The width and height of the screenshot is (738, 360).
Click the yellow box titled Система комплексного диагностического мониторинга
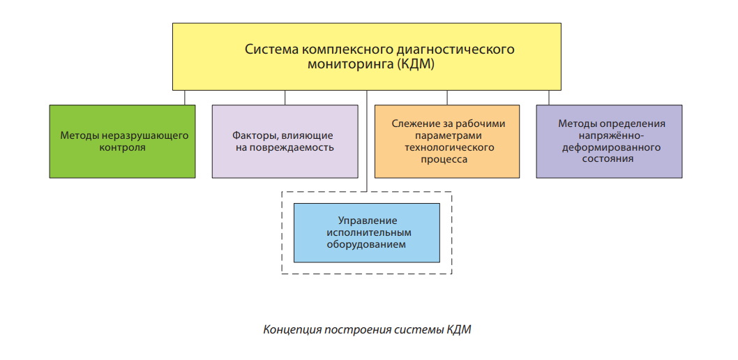[x=367, y=57]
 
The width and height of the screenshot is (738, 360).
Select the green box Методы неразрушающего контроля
[x=122, y=141]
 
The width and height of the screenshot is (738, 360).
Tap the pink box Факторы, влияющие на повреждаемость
[x=285, y=141]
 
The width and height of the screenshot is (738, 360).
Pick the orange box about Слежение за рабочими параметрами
[x=447, y=141]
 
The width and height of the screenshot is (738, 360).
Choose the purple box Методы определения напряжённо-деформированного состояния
[x=609, y=141]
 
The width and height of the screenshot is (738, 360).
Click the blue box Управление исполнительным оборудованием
[x=367, y=232]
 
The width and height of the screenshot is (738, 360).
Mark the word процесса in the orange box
[x=444, y=160]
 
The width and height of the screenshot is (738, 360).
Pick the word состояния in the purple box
[x=609, y=159]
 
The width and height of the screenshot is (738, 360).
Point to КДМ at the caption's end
[x=458, y=329]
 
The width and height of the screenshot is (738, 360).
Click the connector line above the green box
[x=184, y=98]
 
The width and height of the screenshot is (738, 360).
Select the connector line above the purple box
[x=549, y=98]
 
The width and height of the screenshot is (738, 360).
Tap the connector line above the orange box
[x=447, y=98]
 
